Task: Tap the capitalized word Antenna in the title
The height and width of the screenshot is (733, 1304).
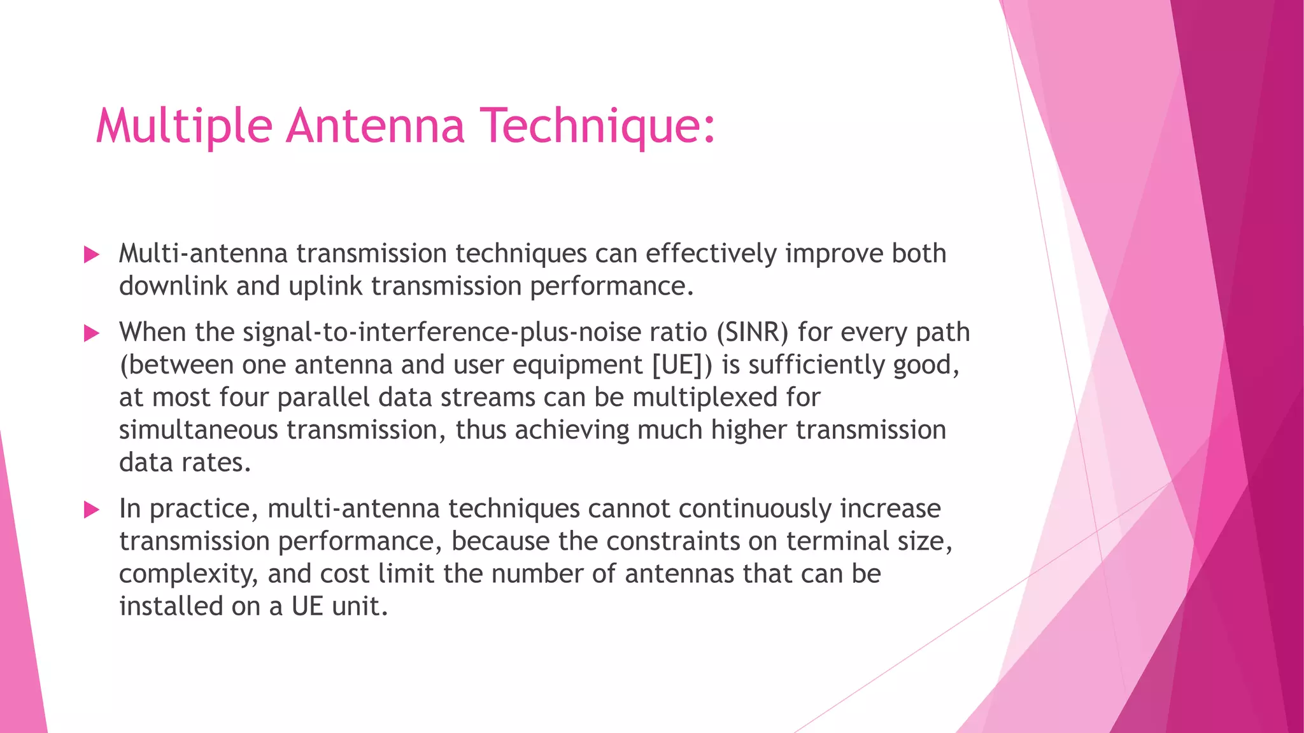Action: [x=376, y=125]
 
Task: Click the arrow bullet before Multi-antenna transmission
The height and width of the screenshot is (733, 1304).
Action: [x=92, y=255]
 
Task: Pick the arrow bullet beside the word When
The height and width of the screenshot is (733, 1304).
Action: [x=92, y=333]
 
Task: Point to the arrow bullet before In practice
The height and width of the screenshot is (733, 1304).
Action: [x=92, y=510]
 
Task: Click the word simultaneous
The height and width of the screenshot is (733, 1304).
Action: [x=199, y=430]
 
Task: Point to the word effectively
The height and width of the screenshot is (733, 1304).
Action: [x=711, y=254]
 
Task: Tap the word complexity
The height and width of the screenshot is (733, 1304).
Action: [x=188, y=574]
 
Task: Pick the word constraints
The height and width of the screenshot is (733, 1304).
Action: [x=673, y=541]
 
